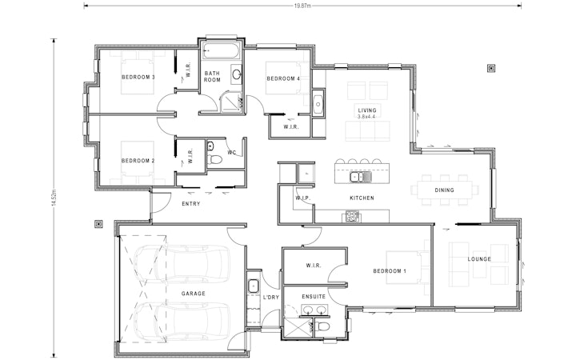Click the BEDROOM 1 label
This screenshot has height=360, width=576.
[x=390, y=271]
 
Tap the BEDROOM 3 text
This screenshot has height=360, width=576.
[x=138, y=77]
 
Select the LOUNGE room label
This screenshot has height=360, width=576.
[x=479, y=259]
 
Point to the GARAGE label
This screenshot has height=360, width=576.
[x=193, y=294]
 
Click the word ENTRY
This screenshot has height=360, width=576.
[x=190, y=204]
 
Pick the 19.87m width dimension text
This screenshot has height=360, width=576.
[x=302, y=5]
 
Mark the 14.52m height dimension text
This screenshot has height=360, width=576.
[x=53, y=198]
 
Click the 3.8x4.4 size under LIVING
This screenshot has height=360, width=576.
[x=367, y=118]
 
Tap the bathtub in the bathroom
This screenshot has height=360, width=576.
[x=219, y=52]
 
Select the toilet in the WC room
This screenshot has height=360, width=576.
[x=215, y=159]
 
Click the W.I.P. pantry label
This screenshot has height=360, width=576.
[x=302, y=197]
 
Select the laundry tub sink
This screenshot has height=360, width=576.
[x=253, y=285]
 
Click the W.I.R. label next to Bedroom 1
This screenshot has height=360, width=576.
[x=313, y=265]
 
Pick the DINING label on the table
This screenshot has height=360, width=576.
[x=444, y=190]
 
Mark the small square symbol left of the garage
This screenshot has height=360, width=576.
[x=98, y=224]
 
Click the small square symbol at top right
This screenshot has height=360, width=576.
[x=490, y=69]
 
